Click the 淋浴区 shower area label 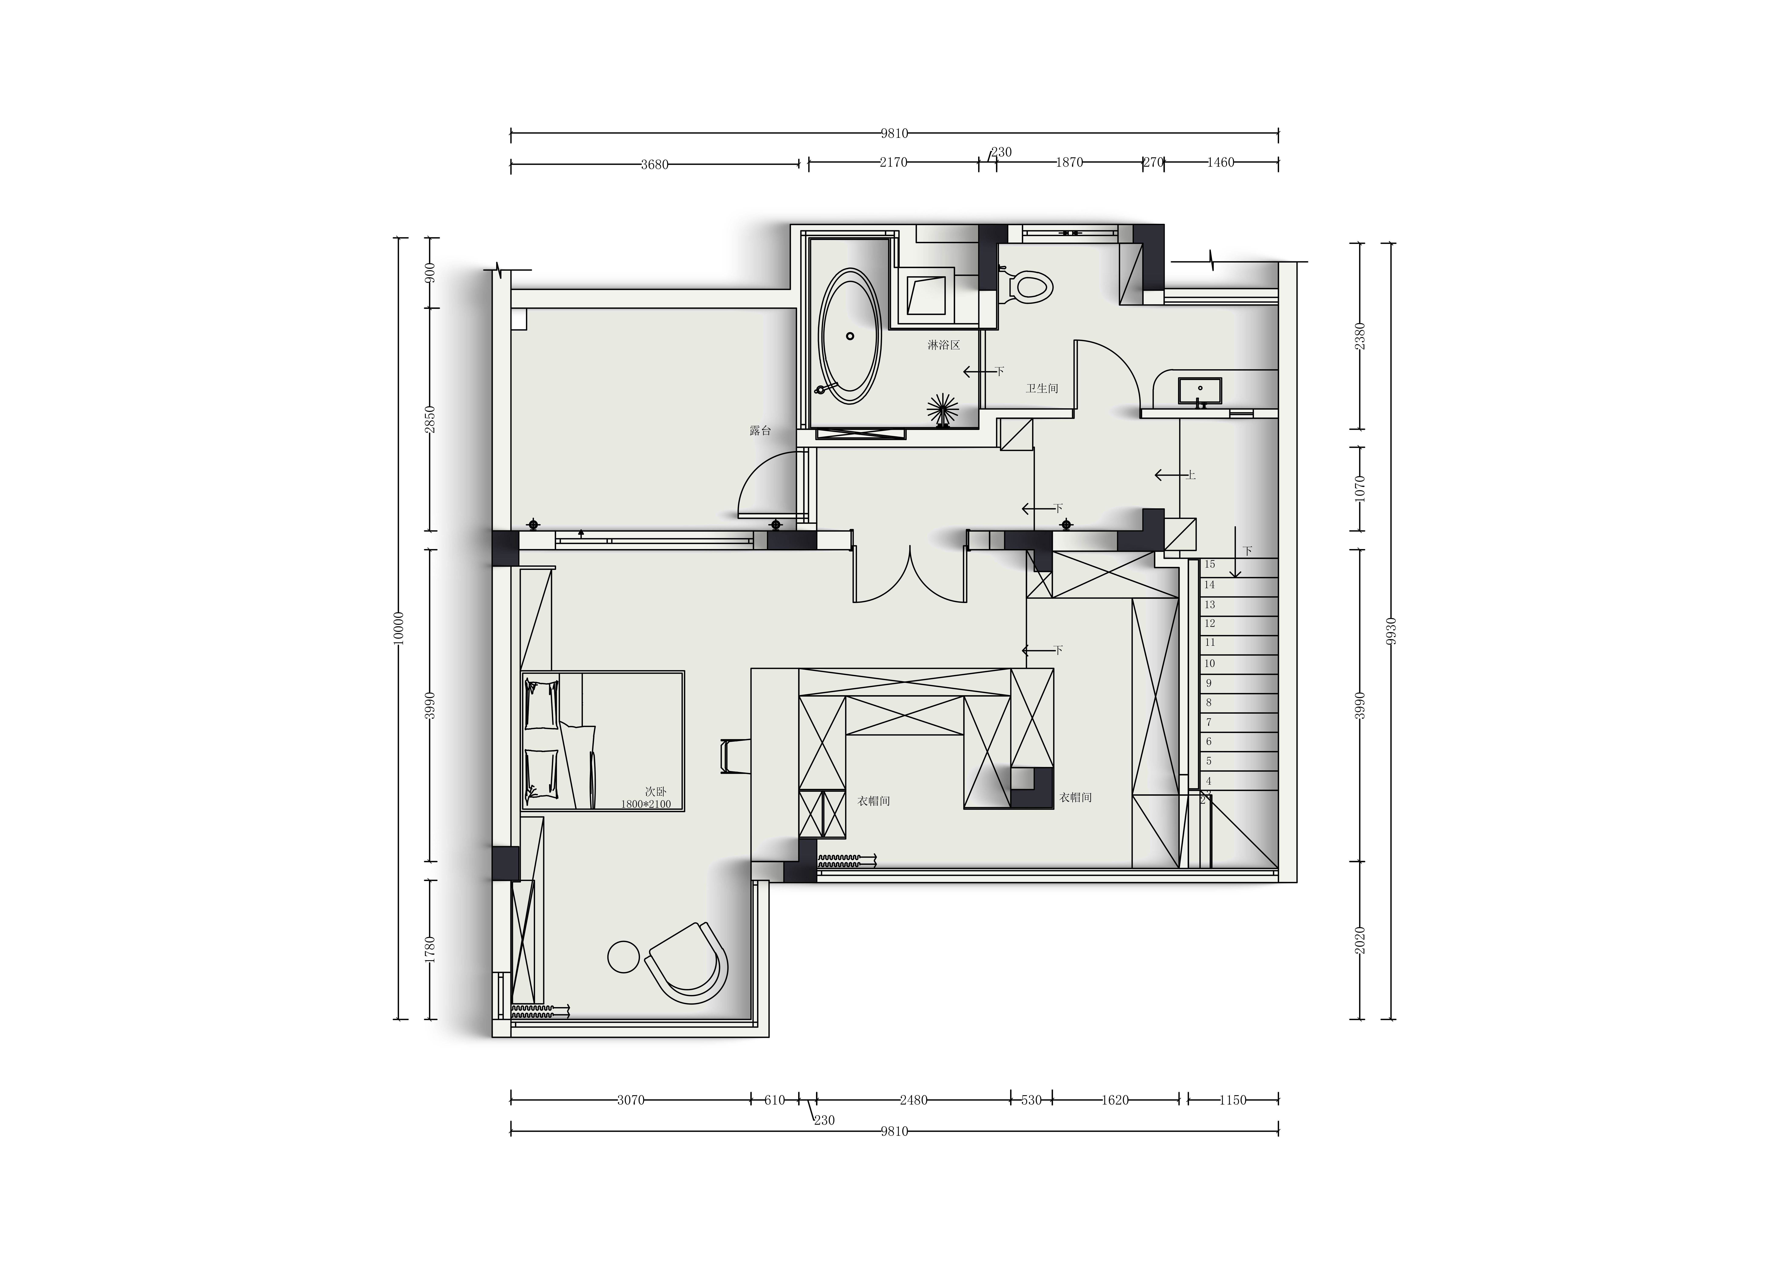tap(944, 345)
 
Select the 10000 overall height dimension tap(399, 627)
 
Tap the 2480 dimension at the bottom tap(913, 1101)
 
